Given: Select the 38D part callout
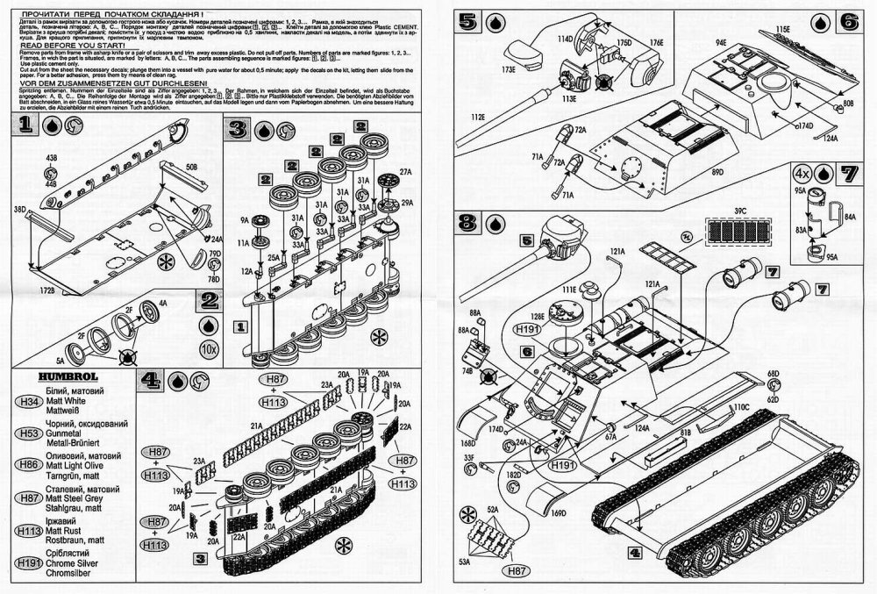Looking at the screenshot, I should [x=18, y=211].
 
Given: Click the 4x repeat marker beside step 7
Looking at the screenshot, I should [x=802, y=171].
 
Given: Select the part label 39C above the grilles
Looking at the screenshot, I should [x=740, y=211].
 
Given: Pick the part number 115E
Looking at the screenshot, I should [x=781, y=29].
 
